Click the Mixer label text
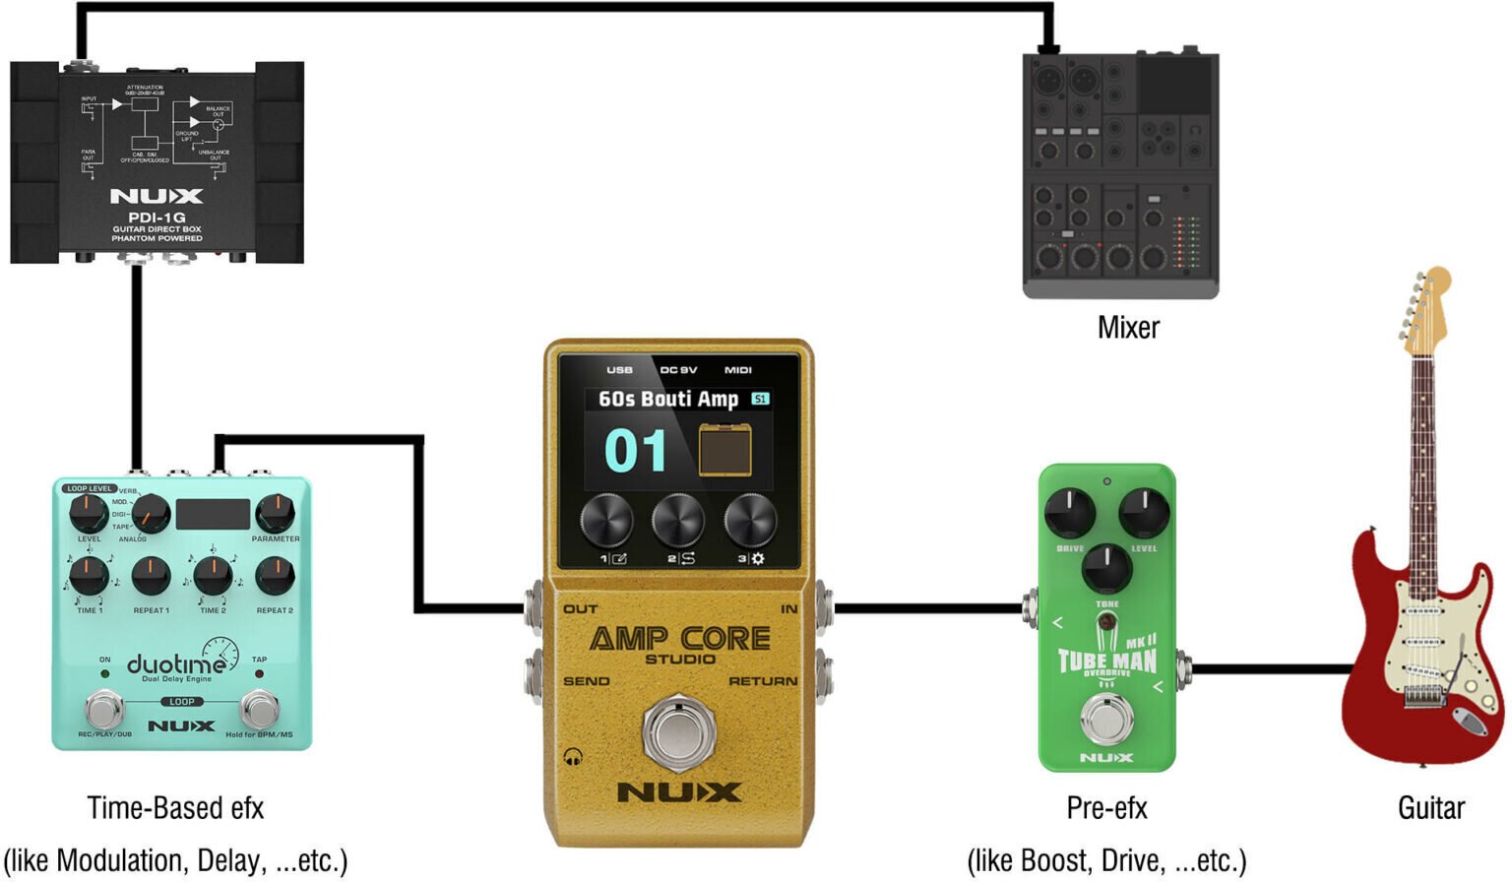(1128, 328)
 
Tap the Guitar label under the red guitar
(1430, 808)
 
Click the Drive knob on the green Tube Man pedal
(1069, 513)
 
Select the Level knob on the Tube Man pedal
(1144, 513)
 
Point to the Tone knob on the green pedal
(1106, 568)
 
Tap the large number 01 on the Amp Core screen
(635, 452)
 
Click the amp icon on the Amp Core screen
(725, 450)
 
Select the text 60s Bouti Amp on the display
(668, 399)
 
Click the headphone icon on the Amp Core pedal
(573, 757)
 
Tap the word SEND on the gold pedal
(586, 681)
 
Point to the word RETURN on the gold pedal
(763, 681)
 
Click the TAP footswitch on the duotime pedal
(260, 709)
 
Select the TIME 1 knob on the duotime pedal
(89, 576)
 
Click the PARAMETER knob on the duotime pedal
(275, 513)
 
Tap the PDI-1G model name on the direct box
(157, 218)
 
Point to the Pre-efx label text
(1106, 808)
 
